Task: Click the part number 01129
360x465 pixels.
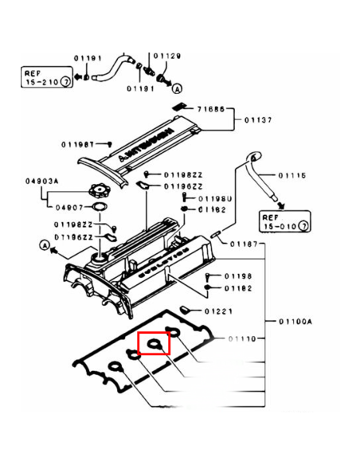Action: (168, 56)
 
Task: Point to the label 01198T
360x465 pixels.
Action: (79, 145)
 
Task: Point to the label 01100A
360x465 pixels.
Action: (296, 322)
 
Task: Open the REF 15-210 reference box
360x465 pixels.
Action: (45, 77)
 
